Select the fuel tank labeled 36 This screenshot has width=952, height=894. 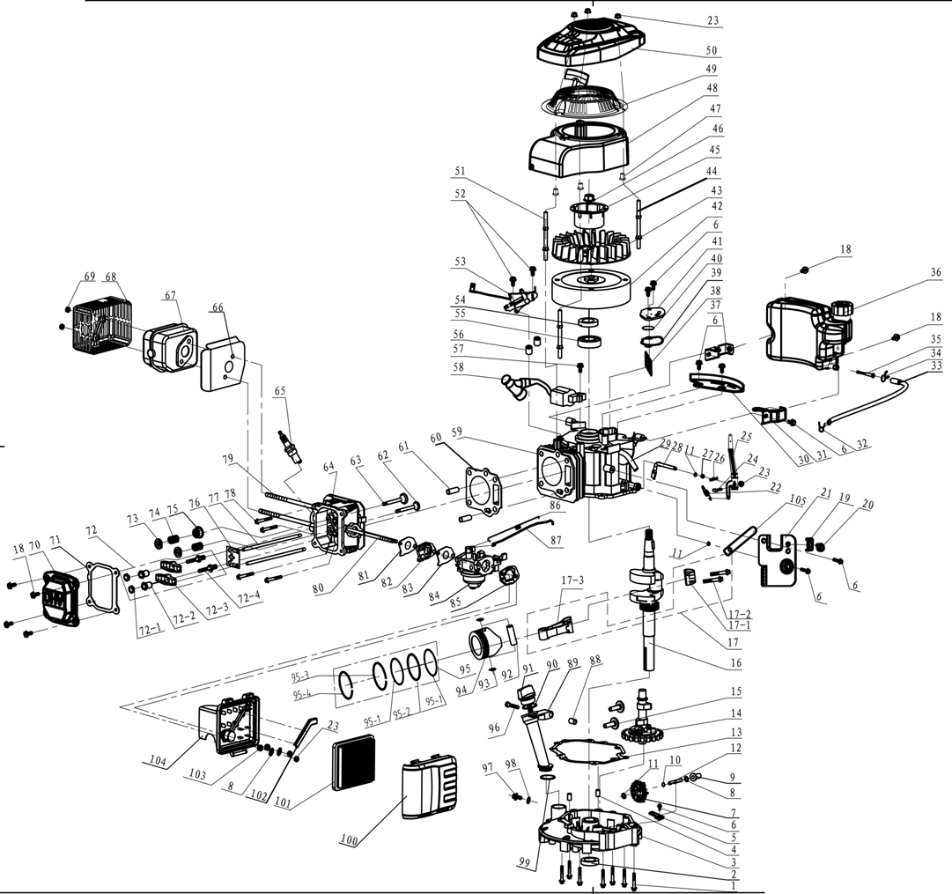pyautogui.click(x=801, y=329)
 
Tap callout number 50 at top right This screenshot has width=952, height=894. pyautogui.click(x=711, y=50)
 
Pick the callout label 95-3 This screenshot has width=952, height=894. pyautogui.click(x=301, y=676)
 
